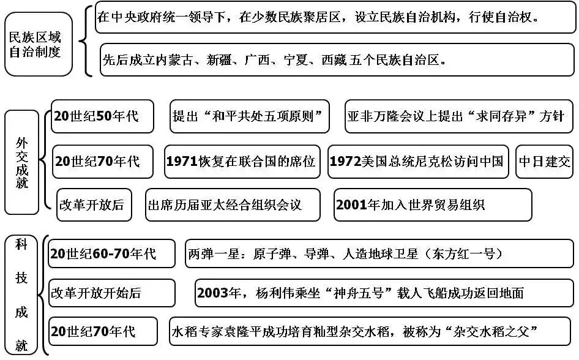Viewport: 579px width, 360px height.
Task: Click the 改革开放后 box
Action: click(x=91, y=204)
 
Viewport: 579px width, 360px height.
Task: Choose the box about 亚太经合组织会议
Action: click(x=233, y=204)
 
